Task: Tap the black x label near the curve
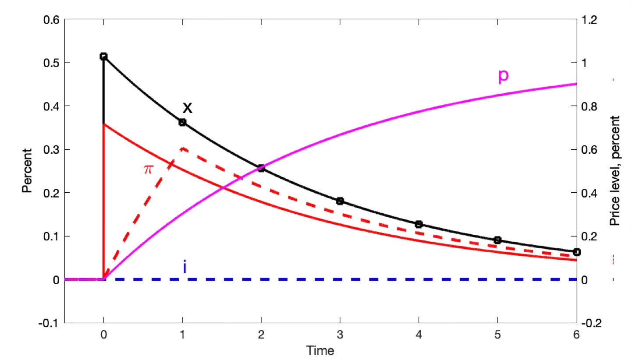tap(188, 107)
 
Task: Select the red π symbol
tap(147, 169)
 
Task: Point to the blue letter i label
tap(185, 267)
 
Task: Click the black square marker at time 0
tap(103, 56)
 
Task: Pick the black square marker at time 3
tap(340, 201)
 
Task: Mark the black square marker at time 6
tap(577, 252)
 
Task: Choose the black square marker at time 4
tap(419, 224)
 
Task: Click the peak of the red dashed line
tap(182, 148)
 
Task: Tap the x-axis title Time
tap(320, 350)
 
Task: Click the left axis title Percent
tap(28, 171)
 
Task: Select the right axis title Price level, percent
tap(615, 171)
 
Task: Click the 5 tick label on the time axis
tap(497, 335)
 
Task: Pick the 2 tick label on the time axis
tap(261, 335)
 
